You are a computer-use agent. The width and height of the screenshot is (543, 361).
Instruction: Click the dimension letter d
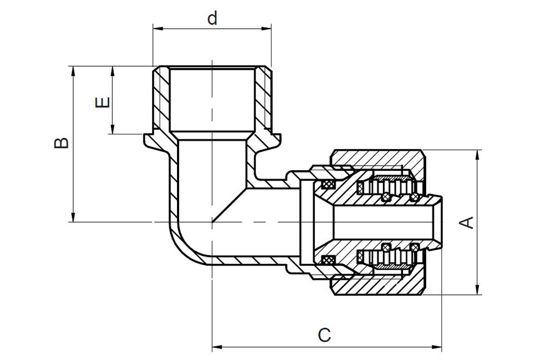[212, 18]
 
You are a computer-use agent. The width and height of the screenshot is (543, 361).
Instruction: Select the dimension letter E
[103, 102]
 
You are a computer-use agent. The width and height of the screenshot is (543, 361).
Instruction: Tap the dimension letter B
[61, 143]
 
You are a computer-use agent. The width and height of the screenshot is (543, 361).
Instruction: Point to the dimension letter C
[325, 335]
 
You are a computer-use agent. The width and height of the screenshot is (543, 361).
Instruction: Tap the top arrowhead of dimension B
[73, 71]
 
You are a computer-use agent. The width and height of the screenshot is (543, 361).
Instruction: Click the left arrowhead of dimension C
[217, 346]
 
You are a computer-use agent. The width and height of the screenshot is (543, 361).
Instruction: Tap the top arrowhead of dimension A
[478, 155]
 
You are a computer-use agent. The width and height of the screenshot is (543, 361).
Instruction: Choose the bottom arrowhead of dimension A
[478, 290]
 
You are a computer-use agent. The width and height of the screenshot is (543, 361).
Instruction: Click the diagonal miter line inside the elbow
[230, 205]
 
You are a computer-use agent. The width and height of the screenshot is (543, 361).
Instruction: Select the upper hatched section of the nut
[377, 160]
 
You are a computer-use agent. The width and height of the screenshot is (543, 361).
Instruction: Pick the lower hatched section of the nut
[377, 285]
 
